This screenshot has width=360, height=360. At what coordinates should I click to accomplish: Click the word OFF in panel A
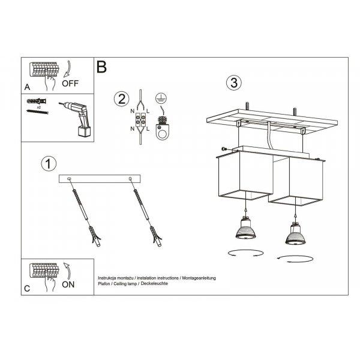click(70, 83)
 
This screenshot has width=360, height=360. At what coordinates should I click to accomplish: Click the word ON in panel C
click(68, 284)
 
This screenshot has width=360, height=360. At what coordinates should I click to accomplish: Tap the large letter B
click(101, 67)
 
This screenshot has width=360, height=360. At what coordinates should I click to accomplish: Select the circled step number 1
click(49, 164)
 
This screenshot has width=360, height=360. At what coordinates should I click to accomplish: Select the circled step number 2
click(122, 99)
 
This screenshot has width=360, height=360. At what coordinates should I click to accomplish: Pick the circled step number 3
click(234, 83)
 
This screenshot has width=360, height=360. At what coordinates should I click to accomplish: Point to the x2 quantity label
click(39, 107)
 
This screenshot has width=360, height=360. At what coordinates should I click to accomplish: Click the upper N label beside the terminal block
click(132, 111)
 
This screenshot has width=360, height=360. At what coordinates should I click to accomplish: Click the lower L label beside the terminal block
click(148, 129)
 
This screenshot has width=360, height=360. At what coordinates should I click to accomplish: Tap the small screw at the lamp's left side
click(223, 149)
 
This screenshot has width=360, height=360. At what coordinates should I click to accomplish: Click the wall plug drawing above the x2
click(37, 101)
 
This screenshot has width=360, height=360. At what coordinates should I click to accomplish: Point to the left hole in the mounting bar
click(69, 179)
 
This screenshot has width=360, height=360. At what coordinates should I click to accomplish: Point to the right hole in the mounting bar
click(130, 178)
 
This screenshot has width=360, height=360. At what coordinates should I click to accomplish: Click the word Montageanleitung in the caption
click(199, 278)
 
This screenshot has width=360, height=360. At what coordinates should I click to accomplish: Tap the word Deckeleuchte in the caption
click(154, 284)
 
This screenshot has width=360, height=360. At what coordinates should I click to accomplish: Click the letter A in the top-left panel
click(27, 87)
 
